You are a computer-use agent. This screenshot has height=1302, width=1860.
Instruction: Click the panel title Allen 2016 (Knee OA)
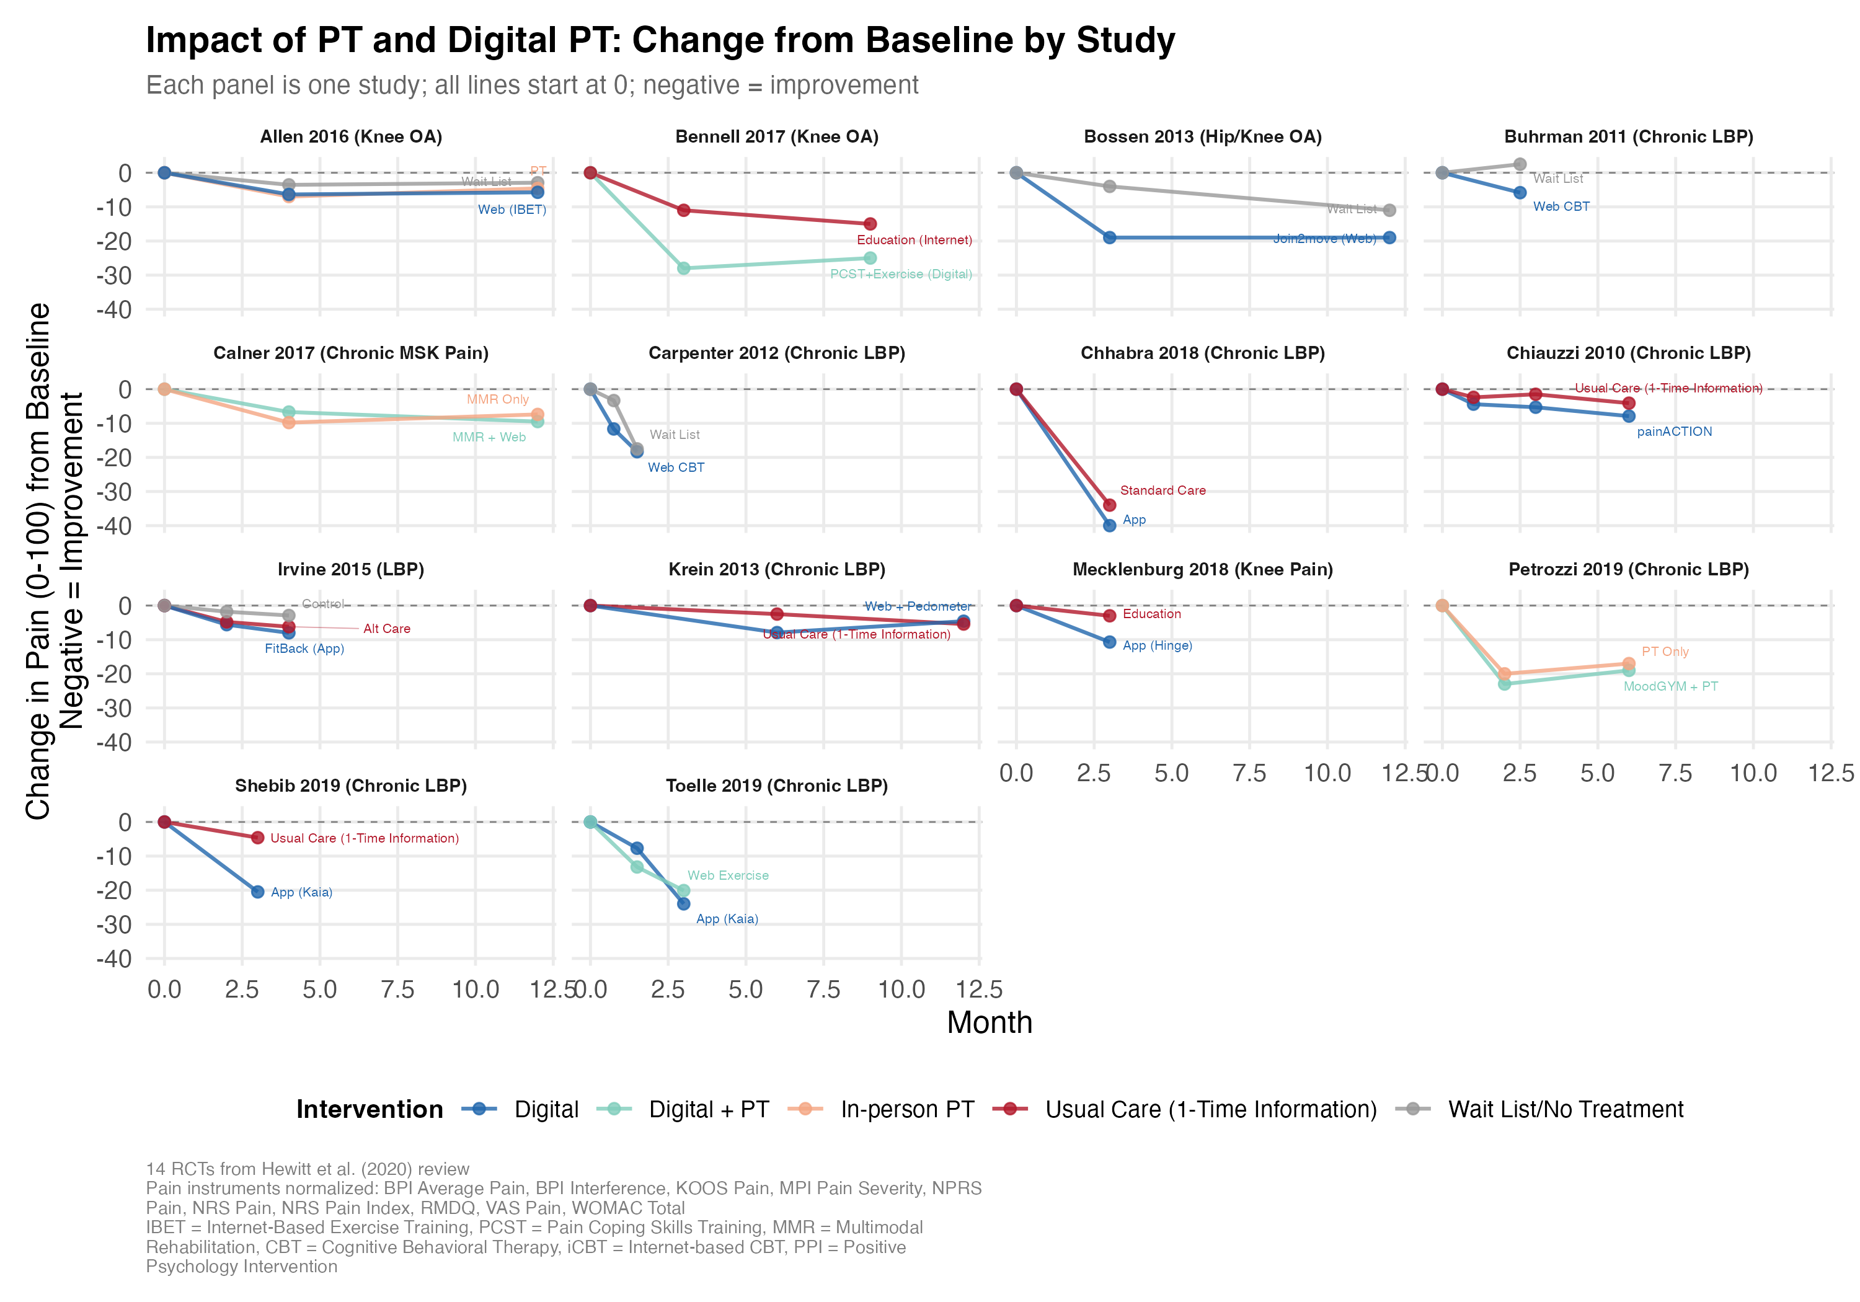point(351,136)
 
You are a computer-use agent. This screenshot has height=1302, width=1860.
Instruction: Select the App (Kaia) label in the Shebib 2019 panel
point(301,892)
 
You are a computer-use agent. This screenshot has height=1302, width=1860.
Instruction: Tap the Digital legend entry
point(546,1109)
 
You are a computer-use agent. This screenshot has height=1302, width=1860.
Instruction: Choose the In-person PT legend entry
point(906,1109)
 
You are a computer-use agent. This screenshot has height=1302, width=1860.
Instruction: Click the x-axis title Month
point(989,1022)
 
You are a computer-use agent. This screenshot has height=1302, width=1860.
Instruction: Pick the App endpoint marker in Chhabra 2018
point(1110,525)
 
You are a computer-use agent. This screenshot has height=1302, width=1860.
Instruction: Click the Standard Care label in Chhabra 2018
point(1162,490)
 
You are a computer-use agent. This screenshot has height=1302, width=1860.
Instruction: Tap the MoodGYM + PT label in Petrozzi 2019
point(1670,686)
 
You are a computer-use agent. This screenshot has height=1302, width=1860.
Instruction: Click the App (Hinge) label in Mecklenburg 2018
point(1157,646)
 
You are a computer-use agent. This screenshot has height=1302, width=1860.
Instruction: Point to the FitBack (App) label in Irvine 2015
point(304,648)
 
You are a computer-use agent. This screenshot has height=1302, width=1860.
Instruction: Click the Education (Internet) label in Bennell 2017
point(914,240)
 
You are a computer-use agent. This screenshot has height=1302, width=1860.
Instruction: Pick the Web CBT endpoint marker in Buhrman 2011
point(1520,193)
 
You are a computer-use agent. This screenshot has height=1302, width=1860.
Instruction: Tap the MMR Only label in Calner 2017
point(497,399)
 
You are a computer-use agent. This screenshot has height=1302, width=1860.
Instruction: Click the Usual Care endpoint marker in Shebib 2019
point(258,837)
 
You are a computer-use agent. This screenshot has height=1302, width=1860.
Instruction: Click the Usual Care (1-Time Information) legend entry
point(1210,1109)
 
